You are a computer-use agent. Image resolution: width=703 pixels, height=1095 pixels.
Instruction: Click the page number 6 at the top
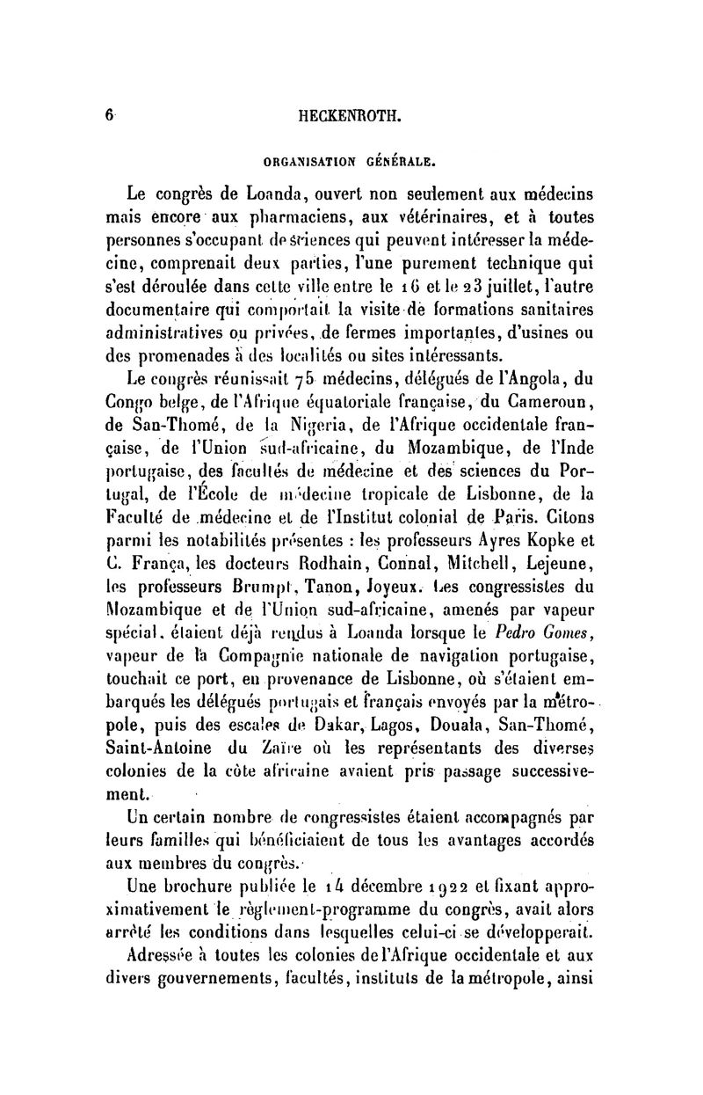click(x=109, y=114)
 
